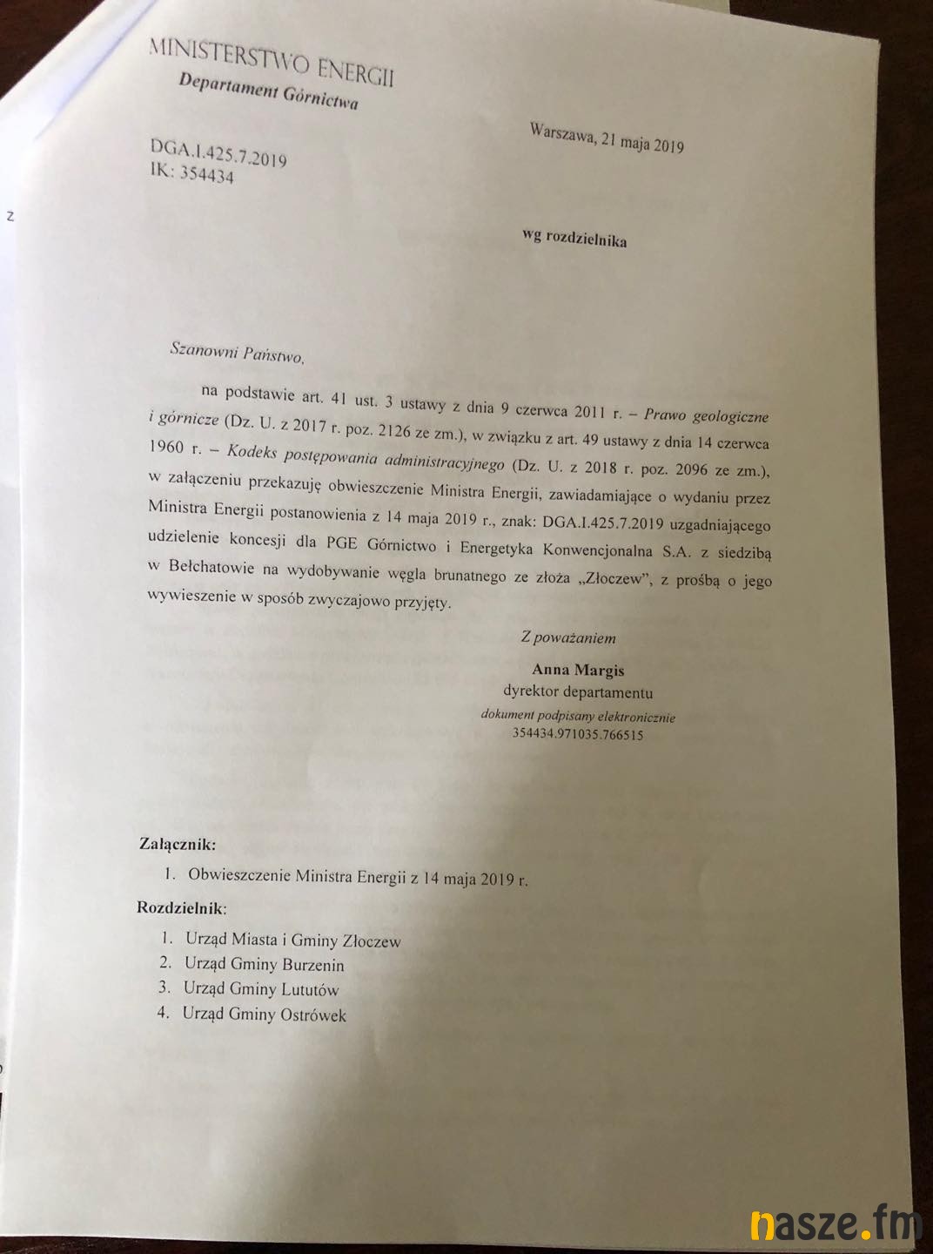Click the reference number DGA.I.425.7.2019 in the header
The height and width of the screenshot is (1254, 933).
pyautogui.click(x=218, y=154)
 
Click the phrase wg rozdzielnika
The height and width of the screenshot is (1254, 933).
pyautogui.click(x=574, y=238)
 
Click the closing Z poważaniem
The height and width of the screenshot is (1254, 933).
pyautogui.click(x=568, y=637)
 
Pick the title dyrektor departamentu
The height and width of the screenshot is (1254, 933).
pyautogui.click(x=578, y=693)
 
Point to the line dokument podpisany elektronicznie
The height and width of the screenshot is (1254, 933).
pyautogui.click(x=578, y=717)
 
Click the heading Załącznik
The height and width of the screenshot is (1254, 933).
pyautogui.click(x=178, y=844)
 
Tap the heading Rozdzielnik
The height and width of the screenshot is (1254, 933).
pyautogui.click(x=181, y=908)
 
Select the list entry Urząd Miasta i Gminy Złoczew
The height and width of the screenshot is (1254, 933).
pyautogui.click(x=292, y=940)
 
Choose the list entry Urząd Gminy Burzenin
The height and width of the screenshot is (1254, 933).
pyautogui.click(x=264, y=965)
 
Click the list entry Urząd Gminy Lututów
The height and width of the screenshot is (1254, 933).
pyautogui.click(x=260, y=989)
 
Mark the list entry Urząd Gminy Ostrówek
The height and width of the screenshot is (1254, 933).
pyautogui.click(x=264, y=1015)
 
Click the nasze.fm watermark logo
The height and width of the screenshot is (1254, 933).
pyautogui.click(x=835, y=1224)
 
